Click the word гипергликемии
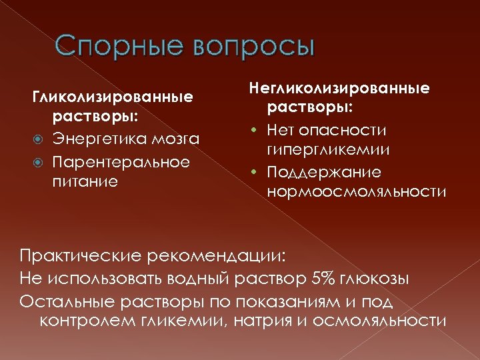pyautogui.click(x=329, y=150)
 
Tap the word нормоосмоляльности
pyautogui.click(x=357, y=193)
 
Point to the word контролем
pyautogui.click(x=89, y=320)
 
